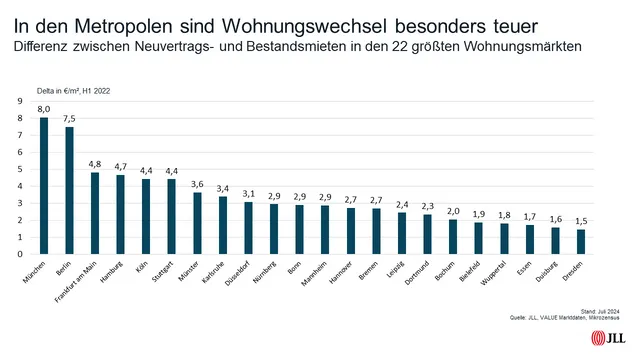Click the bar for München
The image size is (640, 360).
[x=44, y=186]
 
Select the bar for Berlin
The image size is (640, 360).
[x=69, y=190]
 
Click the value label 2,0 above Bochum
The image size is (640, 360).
[x=453, y=211]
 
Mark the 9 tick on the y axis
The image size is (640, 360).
[x=22, y=101]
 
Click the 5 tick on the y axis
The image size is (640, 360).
[x=22, y=169]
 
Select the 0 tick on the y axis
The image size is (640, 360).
[x=22, y=254]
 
